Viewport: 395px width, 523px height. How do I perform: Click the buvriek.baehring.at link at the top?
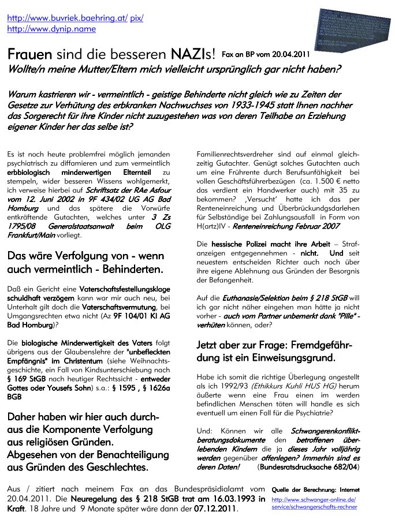click(x=67, y=18)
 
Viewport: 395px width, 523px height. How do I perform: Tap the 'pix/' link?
click(x=137, y=18)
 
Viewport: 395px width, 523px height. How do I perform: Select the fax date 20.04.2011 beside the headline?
click(x=287, y=54)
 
